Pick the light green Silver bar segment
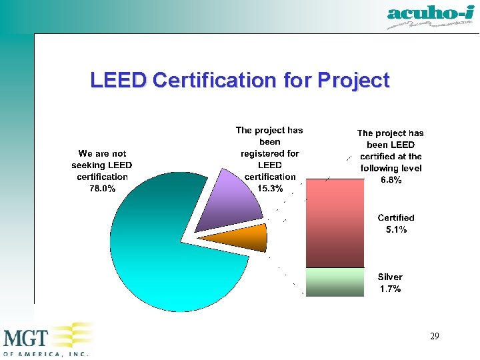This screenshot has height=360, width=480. click(335, 281)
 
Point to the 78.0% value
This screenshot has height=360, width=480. click(102, 189)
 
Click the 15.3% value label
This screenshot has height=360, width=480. click(270, 189)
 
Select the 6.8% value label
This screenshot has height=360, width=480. click(390, 180)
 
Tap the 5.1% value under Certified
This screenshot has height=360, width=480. click(396, 229)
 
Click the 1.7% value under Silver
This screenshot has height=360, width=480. click(390, 289)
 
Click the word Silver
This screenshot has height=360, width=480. click(390, 277)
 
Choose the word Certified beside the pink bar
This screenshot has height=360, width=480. click(396, 217)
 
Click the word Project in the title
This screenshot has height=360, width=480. click(353, 81)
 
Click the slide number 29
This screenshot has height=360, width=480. click(434, 337)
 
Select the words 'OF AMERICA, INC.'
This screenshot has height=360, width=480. click(45, 355)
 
